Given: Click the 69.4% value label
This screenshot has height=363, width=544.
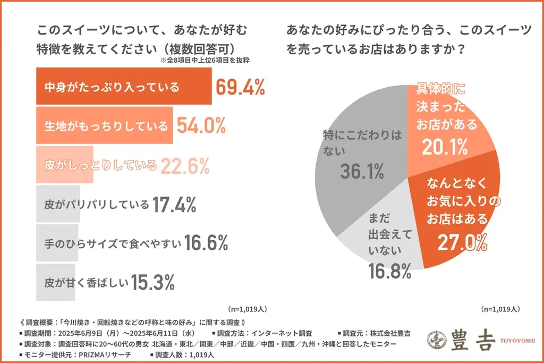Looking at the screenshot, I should pos(240,87).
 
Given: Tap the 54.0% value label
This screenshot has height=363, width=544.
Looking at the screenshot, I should pos(201,126).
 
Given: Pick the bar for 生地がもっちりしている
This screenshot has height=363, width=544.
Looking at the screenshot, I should pos(104,126).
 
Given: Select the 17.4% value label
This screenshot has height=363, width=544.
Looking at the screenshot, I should pos(175,204).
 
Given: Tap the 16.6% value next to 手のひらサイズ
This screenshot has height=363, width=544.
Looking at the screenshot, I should pos(206,243).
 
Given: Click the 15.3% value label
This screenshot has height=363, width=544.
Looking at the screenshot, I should pos(153,283).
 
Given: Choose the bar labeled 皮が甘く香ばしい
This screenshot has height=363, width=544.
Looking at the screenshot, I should pos(58,283).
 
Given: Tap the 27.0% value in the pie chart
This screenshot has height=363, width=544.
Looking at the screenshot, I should pos(462,242).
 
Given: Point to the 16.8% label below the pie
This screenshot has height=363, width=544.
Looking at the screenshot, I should pos(390,272).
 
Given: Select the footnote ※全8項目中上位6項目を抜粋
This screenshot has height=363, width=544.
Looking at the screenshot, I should pos(205,61).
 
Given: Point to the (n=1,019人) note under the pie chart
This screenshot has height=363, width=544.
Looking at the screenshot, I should pos(500,309).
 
